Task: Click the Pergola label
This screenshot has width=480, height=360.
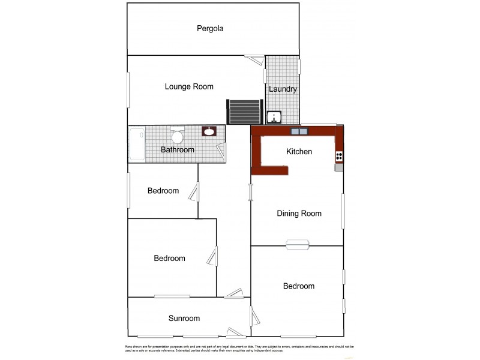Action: [x=210, y=28]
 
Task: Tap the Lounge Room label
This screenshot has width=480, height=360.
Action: [x=189, y=86]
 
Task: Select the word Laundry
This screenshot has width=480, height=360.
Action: [x=283, y=89]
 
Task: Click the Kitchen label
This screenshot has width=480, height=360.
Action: [x=299, y=152]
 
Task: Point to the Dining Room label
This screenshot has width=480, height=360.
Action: [x=299, y=214]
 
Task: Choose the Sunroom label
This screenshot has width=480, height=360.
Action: [x=184, y=319]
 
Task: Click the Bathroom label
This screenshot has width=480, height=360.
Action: [x=178, y=150]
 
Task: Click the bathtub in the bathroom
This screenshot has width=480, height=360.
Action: [x=137, y=145]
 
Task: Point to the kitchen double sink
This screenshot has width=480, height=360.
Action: [x=299, y=131]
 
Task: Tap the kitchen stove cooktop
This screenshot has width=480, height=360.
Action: [x=339, y=157]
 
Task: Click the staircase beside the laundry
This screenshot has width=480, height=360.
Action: [x=244, y=111]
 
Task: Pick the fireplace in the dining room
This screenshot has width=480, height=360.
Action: [x=298, y=244]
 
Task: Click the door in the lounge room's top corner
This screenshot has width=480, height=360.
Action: [x=255, y=59]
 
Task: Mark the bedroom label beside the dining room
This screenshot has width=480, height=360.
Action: [x=299, y=286]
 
